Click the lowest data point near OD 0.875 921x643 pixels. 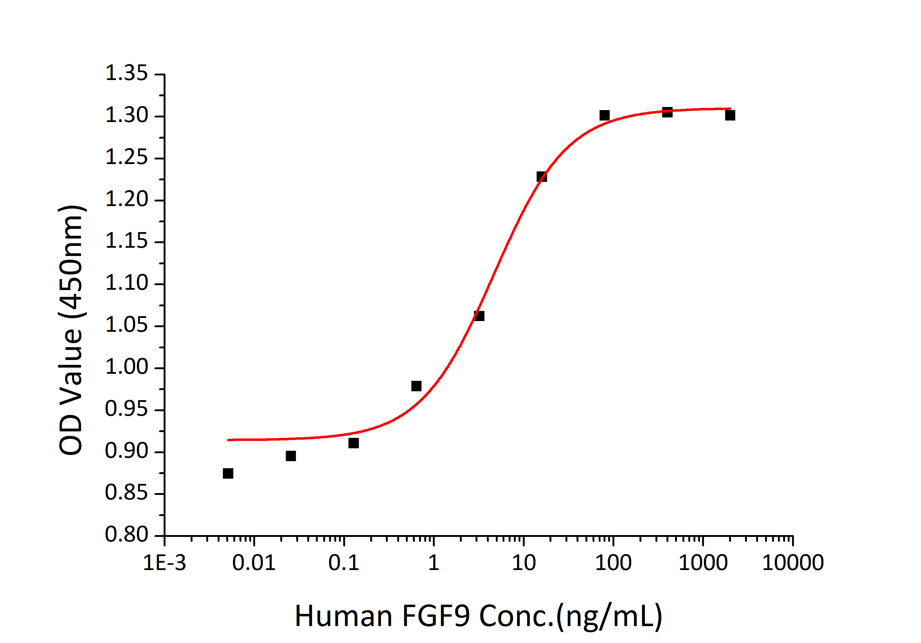click(228, 473)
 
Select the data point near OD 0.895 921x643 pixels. click(291, 456)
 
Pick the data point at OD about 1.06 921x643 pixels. click(479, 316)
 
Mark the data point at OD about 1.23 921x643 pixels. click(542, 177)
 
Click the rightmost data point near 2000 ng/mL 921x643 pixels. click(730, 115)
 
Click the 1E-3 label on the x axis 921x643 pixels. click(165, 563)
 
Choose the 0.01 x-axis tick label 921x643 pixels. click(254, 563)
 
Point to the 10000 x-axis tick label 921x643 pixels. click(793, 563)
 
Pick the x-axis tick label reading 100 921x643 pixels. click(613, 563)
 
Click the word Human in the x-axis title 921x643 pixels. click(343, 616)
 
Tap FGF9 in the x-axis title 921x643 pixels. click(436, 616)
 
